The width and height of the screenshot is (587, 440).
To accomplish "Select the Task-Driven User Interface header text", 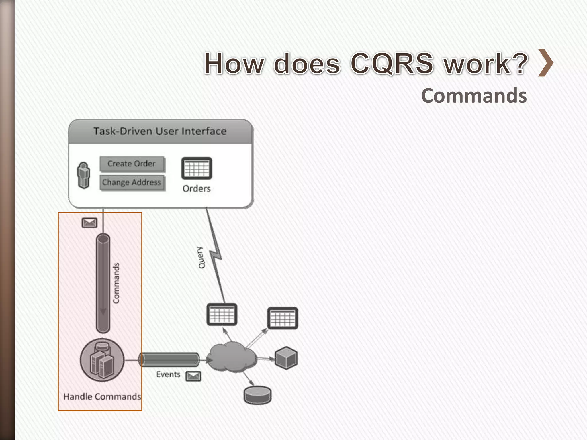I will (160, 131).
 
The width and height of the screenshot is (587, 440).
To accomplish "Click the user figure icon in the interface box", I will (84, 175).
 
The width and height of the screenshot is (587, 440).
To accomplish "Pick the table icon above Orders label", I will (197, 168).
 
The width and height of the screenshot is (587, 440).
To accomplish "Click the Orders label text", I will (197, 188).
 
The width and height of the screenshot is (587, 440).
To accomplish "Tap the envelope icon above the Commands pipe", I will (89, 223).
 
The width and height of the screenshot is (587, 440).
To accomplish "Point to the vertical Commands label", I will (116, 283).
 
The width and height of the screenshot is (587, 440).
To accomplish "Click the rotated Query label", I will (201, 258).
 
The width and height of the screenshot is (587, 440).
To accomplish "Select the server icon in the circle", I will (102, 360).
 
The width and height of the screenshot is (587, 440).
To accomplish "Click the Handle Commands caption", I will (102, 397).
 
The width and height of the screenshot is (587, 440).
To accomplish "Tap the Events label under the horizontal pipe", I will (168, 374).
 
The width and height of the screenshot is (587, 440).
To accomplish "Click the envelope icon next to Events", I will (193, 376).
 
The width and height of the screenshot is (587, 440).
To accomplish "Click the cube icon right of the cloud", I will (286, 358).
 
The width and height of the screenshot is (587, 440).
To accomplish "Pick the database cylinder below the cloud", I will (257, 395).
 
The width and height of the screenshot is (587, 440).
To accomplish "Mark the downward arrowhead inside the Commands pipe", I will (103, 312).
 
